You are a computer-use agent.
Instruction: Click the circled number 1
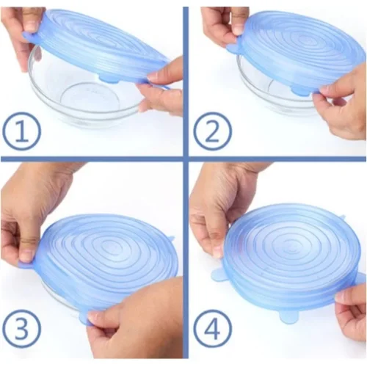tap(21, 131)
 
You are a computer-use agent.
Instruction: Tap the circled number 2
tap(212, 131)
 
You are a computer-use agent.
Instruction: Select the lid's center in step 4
tap(291, 252)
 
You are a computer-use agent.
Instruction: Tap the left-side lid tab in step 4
tap(219, 275)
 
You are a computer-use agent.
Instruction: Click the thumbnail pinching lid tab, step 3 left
tap(26, 256)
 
